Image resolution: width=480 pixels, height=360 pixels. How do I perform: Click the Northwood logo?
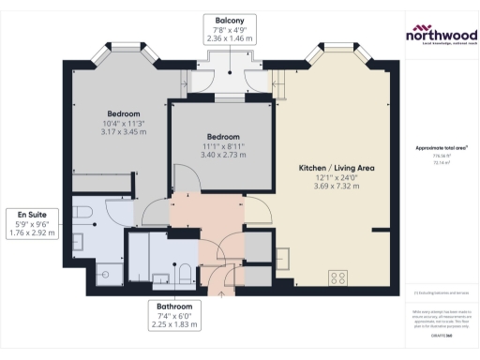click(x=440, y=36)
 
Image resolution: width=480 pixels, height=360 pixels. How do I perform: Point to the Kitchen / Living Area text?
click(x=336, y=167)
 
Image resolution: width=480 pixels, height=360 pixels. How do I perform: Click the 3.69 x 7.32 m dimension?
click(x=336, y=186)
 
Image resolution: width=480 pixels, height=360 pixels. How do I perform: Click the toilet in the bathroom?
click(x=185, y=273)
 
